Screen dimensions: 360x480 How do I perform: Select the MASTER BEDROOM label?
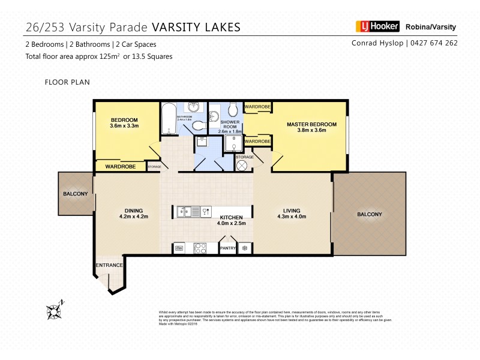click(311, 125)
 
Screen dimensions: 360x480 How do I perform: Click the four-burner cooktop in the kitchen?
click(200, 247)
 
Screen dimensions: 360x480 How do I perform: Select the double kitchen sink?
click(185, 211)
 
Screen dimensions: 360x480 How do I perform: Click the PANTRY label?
click(228, 247)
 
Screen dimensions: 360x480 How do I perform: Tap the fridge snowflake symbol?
click(245, 247)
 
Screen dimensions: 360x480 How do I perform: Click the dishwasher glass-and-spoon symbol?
click(205, 211)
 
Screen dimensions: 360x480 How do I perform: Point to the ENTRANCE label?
click(109, 265)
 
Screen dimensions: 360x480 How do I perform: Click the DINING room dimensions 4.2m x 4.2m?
click(133, 217)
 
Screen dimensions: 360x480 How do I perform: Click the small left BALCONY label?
click(76, 194)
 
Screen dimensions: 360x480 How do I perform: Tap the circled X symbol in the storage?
click(242, 166)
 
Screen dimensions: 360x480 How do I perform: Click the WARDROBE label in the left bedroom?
click(121, 166)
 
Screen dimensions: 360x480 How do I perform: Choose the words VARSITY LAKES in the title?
click(196, 26)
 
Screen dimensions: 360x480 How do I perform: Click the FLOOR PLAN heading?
click(67, 82)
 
